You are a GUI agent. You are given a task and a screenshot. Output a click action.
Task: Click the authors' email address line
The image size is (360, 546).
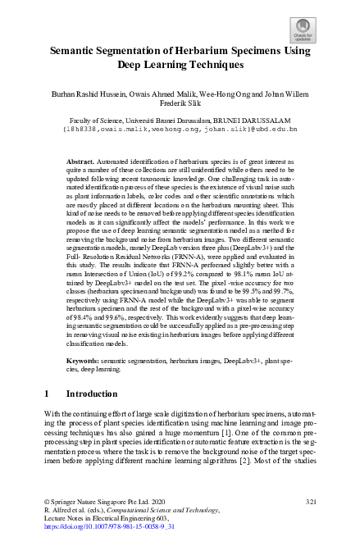pos(180,129)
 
